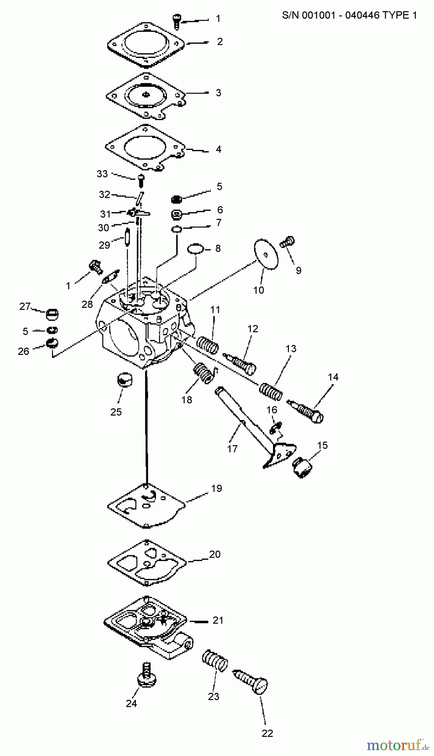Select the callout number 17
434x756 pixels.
coord(232,449)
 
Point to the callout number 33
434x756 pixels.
coord(102,173)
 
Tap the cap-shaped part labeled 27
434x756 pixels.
coord(53,314)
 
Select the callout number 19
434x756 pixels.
coord(217,488)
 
